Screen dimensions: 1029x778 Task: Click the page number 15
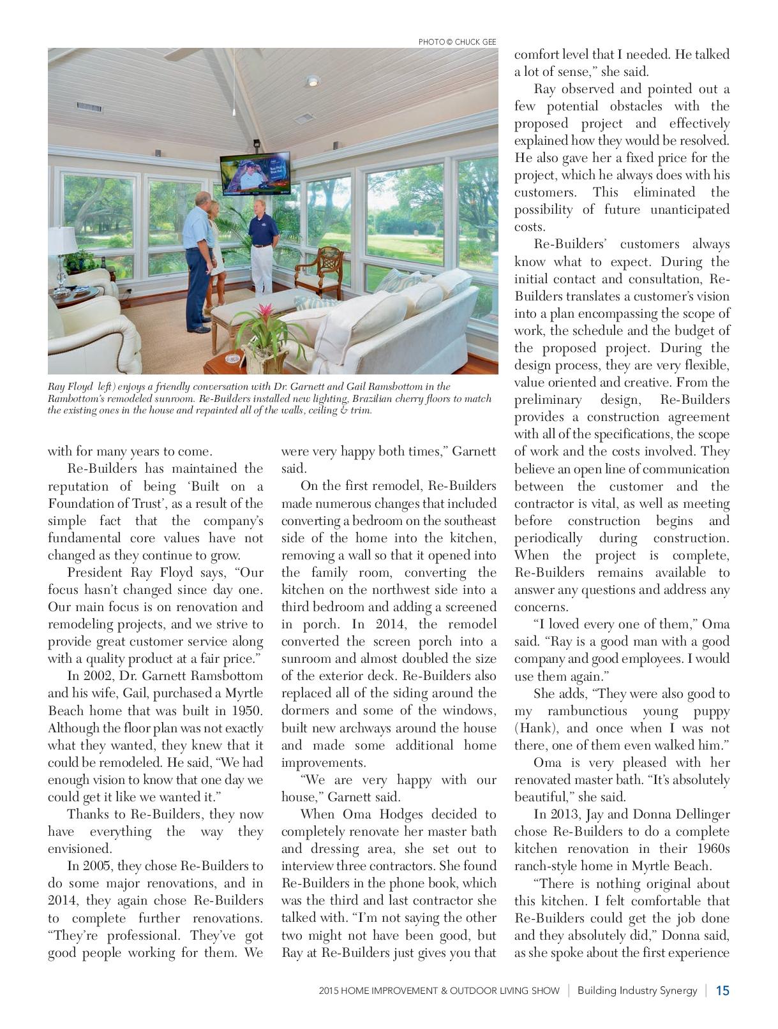(x=722, y=991)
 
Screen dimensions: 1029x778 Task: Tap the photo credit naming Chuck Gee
(x=458, y=41)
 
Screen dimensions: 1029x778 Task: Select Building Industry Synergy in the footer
(x=637, y=991)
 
